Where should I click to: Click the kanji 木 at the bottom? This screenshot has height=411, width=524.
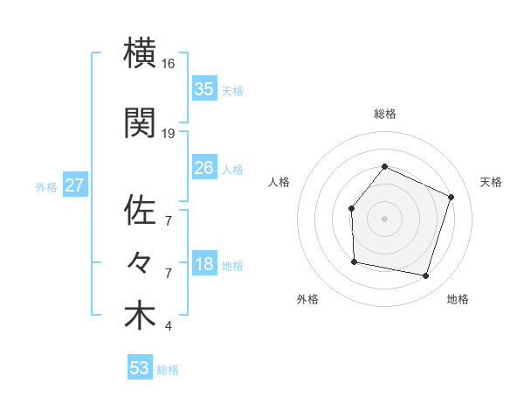coord(140,317)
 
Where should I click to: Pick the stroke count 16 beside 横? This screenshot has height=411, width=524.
coord(169,65)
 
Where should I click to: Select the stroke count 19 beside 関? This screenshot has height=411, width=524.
coord(169,134)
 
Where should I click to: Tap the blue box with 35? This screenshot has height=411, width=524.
coord(203,89)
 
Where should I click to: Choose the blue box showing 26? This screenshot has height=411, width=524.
coord(203,168)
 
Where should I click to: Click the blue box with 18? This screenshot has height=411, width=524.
coord(203,265)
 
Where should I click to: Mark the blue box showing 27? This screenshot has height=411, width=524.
coord(74,185)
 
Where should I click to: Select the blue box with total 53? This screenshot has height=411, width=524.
coord(140,368)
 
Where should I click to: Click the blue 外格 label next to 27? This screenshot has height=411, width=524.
coord(46,186)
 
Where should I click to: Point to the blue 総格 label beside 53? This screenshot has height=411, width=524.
coord(168,370)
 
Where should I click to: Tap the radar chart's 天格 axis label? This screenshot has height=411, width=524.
coord(492,182)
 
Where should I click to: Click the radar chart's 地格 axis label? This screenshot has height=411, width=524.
coord(458,299)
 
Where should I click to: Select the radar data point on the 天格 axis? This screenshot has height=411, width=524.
coord(452,197)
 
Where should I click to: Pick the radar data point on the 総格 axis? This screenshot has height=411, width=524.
coord(384,167)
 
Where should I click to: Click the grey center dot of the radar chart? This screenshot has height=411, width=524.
coord(384,219)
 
